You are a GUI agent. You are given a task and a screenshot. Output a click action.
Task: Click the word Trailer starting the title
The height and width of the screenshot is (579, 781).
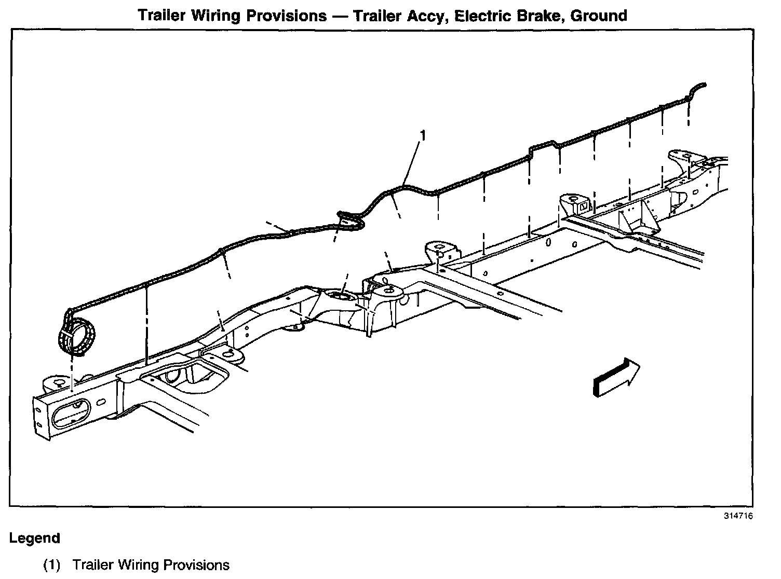point(162,16)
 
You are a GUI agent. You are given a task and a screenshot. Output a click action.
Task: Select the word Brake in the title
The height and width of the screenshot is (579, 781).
point(540,16)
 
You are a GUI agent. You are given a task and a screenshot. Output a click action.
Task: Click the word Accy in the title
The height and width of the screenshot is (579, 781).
point(427,16)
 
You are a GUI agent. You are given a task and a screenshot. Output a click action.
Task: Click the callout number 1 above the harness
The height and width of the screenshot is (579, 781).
point(423,136)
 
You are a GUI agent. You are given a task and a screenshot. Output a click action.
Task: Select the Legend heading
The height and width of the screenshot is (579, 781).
point(34,538)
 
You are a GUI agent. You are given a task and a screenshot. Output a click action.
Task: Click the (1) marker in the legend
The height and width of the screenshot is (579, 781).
point(52,564)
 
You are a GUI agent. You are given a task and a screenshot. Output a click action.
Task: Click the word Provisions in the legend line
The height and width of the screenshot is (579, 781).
point(196,564)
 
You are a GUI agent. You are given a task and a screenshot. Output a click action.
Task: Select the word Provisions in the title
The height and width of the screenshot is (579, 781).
point(286,16)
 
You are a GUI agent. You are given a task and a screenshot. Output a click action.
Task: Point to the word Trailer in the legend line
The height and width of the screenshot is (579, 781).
point(93,564)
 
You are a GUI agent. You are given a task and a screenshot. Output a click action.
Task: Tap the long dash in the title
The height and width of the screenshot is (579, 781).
point(340,16)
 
